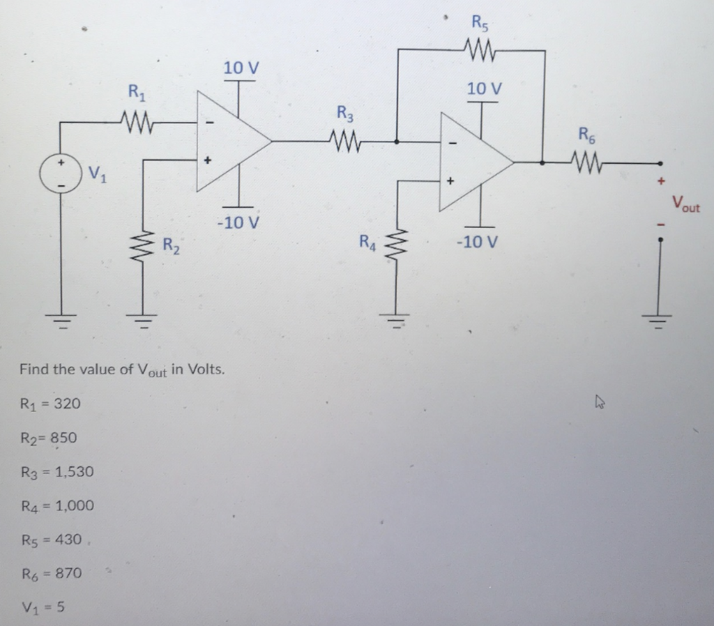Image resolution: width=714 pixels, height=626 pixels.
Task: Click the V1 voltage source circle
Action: [x=60, y=173]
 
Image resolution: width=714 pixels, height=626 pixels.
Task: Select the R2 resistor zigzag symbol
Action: [x=144, y=245]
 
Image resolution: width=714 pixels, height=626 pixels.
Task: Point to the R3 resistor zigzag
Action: [x=346, y=142]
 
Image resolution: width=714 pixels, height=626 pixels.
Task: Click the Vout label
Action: [x=686, y=204]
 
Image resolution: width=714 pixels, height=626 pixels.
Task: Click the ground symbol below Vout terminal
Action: [x=660, y=321]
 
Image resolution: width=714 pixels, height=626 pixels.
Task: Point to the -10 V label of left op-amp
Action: [x=238, y=223]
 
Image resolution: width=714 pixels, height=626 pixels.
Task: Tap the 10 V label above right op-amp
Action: [x=484, y=89]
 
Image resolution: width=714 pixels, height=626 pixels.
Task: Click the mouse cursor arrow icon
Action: [x=599, y=402]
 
